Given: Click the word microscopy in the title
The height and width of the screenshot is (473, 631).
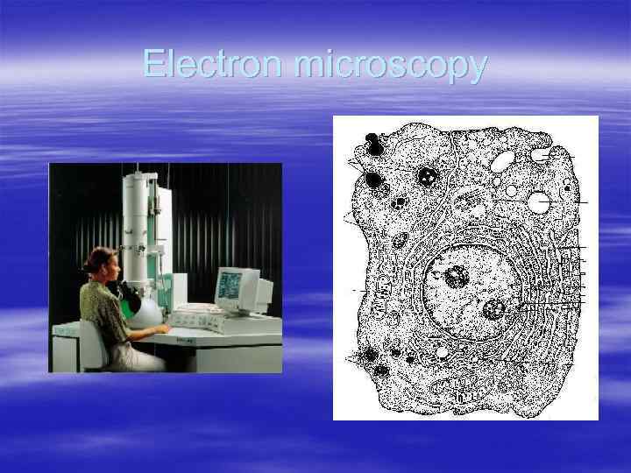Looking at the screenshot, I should [x=390, y=66].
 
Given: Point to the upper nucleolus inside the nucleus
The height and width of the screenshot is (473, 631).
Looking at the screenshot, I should [x=457, y=278].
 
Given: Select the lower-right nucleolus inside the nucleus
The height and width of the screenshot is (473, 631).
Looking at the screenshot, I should [x=493, y=308].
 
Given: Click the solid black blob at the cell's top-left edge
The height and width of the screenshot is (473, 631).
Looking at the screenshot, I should [x=374, y=148].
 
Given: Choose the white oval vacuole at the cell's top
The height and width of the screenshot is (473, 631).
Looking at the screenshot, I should [x=503, y=160].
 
